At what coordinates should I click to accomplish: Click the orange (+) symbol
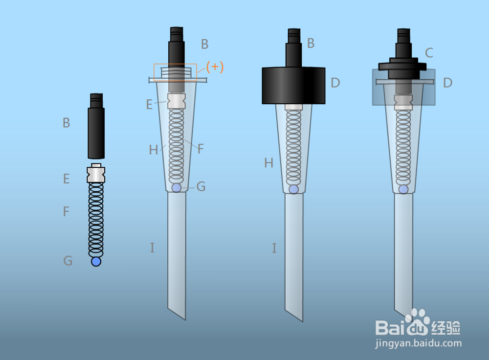click(x=215, y=67)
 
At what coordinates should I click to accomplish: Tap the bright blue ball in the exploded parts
click(x=96, y=261)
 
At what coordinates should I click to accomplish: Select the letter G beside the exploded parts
click(x=67, y=261)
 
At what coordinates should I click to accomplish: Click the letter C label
click(x=429, y=53)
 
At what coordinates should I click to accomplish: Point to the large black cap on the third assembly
click(x=293, y=85)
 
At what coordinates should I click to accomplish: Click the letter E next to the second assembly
click(x=149, y=105)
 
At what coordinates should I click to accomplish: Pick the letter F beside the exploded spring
click(x=66, y=211)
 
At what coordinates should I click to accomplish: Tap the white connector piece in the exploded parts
click(x=96, y=173)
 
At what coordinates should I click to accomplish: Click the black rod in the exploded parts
click(x=96, y=126)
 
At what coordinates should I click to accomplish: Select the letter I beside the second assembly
click(x=152, y=247)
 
